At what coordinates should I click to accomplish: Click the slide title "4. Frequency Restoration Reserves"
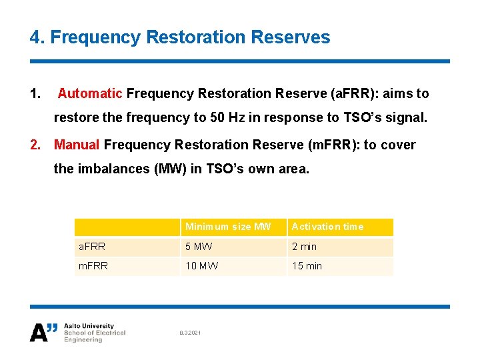180,37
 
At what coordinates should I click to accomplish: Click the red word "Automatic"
90,93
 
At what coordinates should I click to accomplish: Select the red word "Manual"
77,145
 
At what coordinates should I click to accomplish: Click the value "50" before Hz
217,117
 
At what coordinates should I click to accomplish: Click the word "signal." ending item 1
402,117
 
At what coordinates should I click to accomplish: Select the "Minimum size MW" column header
228,227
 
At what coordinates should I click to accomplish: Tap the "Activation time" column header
327,227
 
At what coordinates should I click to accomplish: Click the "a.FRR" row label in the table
91,247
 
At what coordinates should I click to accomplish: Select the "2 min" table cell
304,247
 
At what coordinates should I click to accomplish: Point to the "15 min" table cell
307,266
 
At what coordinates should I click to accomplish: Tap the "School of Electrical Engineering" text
94,336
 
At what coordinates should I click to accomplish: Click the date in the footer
189,333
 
